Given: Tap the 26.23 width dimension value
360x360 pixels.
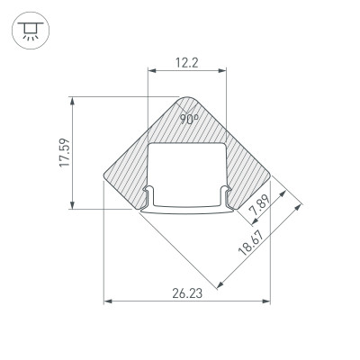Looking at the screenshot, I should click(x=188, y=292).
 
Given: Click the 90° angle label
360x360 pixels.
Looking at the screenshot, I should click(x=188, y=118).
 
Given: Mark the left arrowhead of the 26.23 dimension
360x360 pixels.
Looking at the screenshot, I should click(x=108, y=302).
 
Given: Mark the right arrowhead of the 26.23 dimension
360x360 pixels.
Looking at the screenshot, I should click(x=267, y=302).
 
